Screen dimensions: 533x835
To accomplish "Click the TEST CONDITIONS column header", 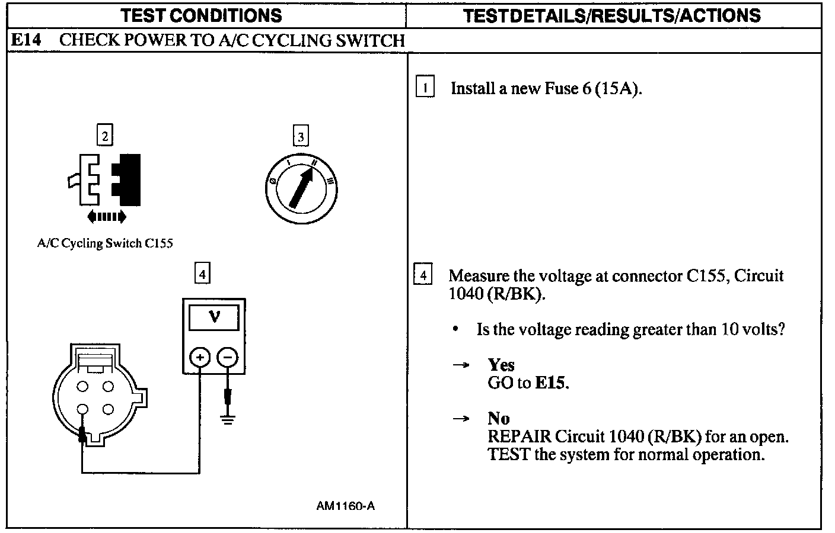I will [x=202, y=15].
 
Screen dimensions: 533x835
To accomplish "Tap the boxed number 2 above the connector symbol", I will [x=104, y=136].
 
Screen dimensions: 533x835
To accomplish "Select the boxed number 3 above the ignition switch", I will [x=301, y=137].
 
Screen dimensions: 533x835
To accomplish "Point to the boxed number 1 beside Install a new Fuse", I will [x=425, y=88].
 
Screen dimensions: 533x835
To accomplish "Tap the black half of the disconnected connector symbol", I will [x=126, y=179].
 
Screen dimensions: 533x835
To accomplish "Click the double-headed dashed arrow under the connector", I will [x=107, y=217].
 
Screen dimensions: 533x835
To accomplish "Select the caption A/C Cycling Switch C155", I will [x=105, y=243].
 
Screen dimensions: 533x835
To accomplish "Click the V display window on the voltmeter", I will [x=214, y=318].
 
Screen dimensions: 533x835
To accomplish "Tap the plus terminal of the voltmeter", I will [x=200, y=357].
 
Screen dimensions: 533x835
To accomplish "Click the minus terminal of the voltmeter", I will [x=227, y=357].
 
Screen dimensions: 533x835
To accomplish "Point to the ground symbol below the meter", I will [x=227, y=419].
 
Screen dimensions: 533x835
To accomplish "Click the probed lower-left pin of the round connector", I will [x=83, y=409].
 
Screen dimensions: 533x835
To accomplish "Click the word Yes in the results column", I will [x=501, y=365].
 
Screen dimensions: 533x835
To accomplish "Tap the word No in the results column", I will [x=499, y=419].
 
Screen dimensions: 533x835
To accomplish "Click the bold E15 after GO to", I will [x=551, y=383].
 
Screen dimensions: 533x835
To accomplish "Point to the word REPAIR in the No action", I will [x=519, y=436].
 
